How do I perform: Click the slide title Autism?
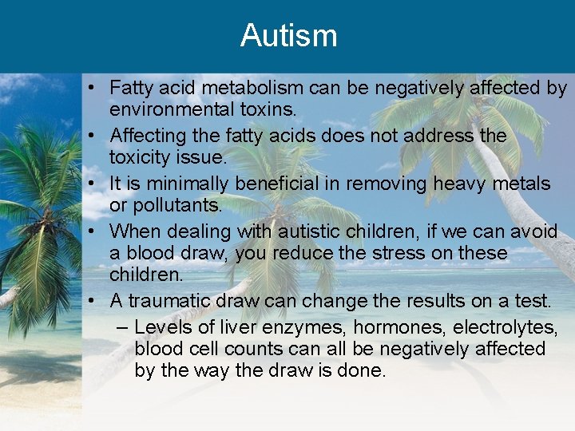point(288,36)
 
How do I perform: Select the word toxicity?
point(145,157)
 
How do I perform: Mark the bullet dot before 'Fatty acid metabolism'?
point(94,88)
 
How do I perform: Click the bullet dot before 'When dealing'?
point(94,231)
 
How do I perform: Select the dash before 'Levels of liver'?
point(121,327)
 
